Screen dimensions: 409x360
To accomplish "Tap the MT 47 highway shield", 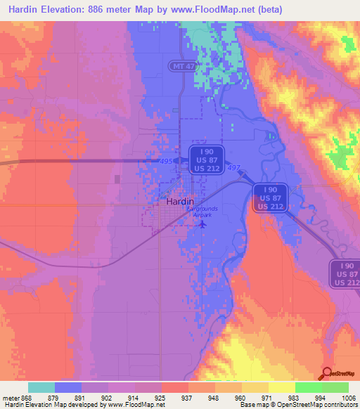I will (181, 65).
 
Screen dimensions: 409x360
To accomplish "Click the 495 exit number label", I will (167, 162).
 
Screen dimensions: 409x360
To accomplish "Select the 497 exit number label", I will (233, 167).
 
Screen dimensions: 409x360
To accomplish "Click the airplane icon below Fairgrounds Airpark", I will (203, 225).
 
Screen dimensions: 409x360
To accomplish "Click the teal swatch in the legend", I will (41, 387).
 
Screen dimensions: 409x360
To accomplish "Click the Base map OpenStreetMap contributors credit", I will (296, 405).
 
